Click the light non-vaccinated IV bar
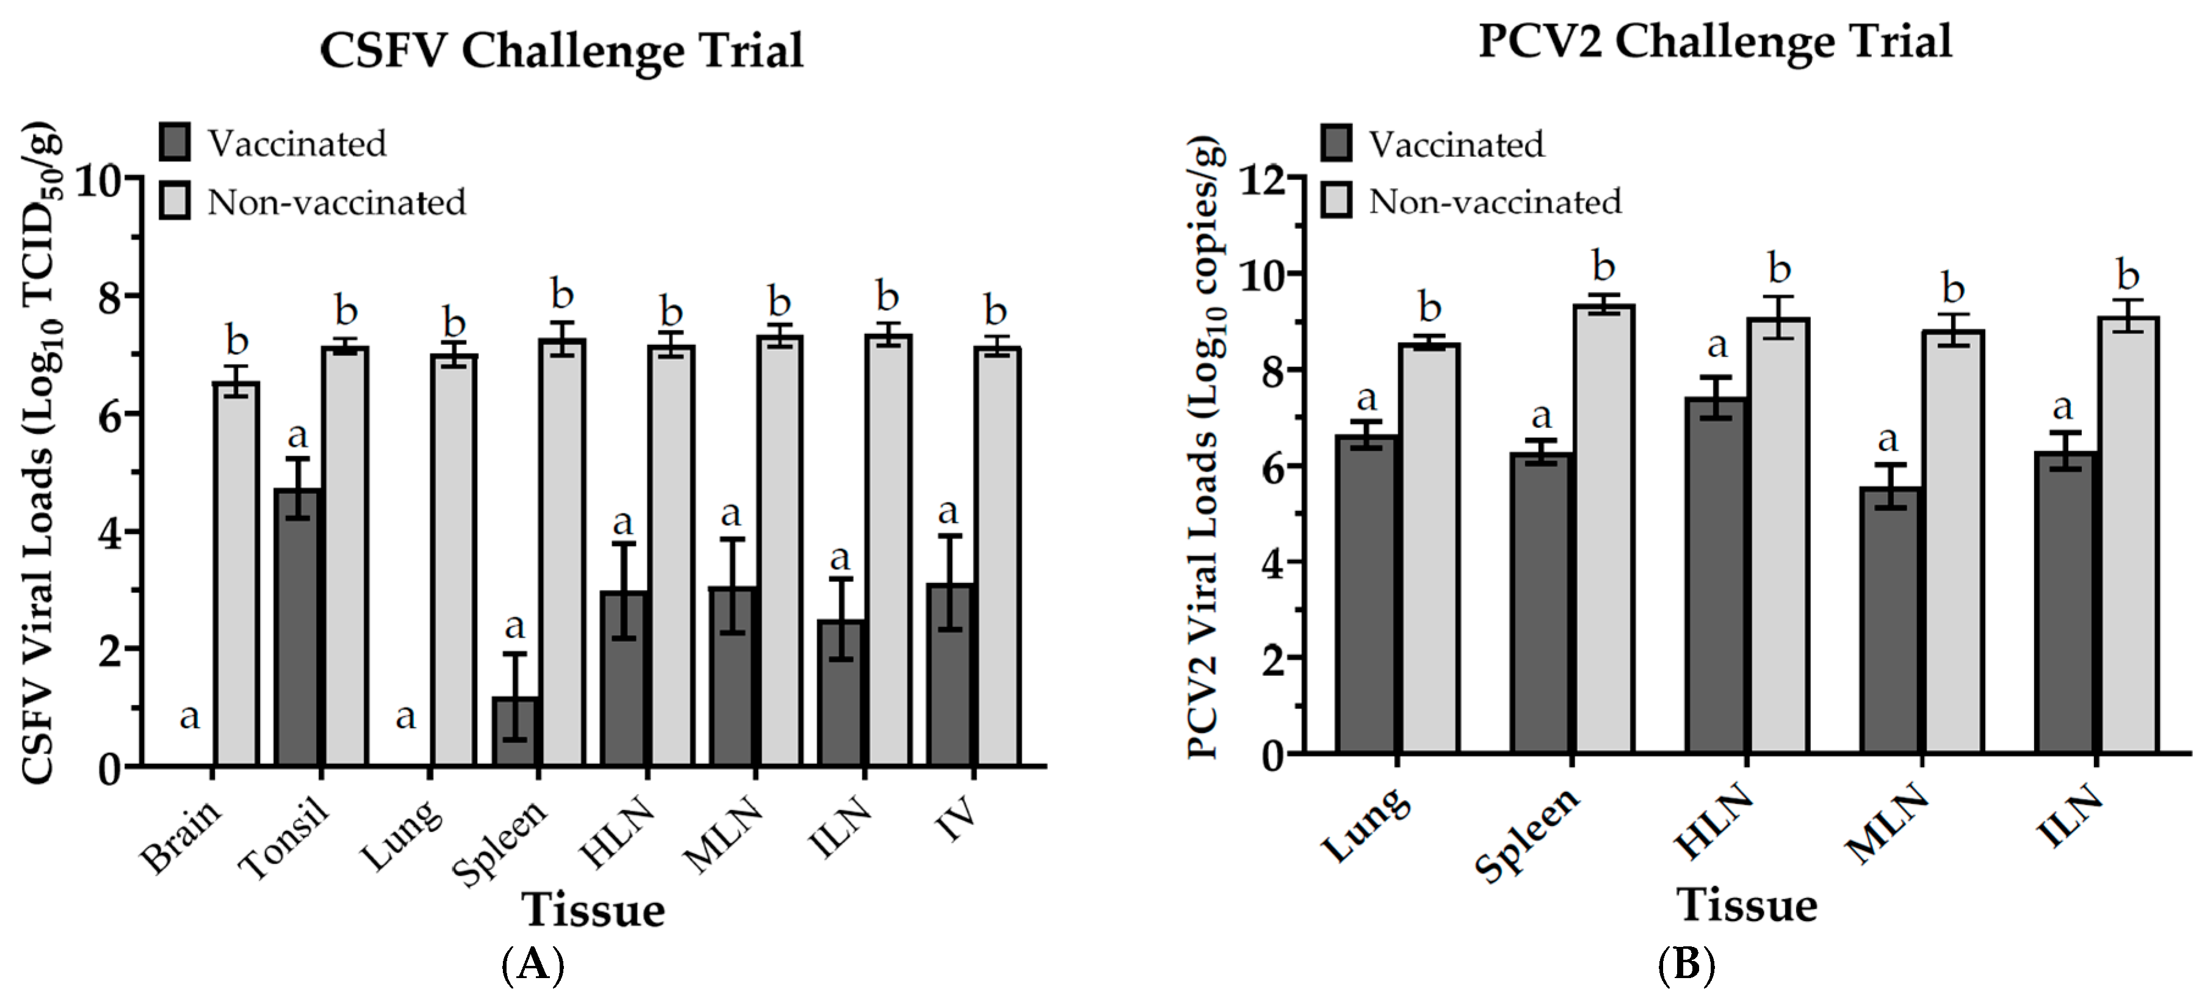pyautogui.click(x=997, y=556)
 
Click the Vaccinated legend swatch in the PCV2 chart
pyautogui.click(x=1336, y=143)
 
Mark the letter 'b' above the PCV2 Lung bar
pyautogui.click(x=1429, y=307)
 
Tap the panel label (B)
pyautogui.click(x=1686, y=965)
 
